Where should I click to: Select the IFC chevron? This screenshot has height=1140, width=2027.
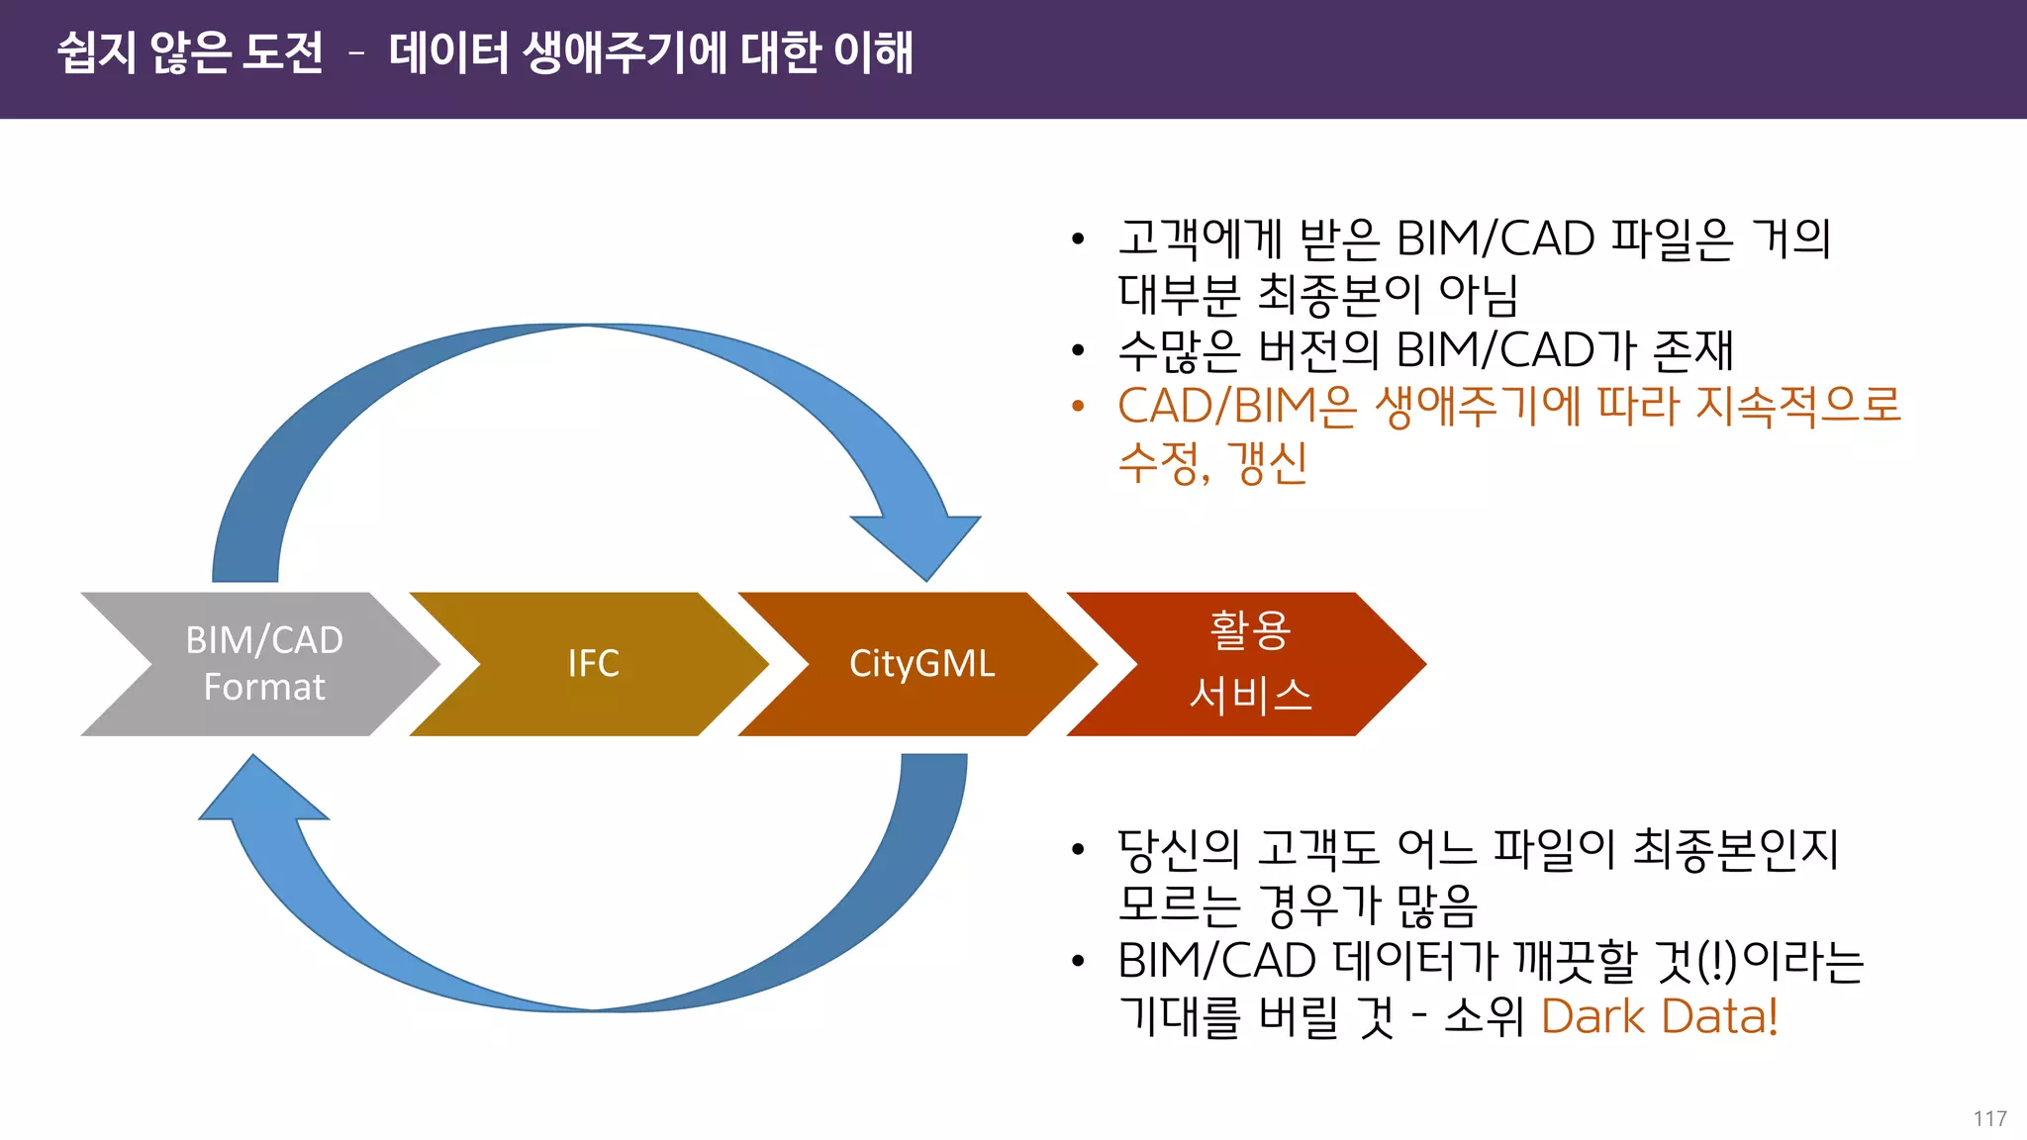tap(593, 664)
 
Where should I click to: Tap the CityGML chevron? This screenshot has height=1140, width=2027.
tap(921, 664)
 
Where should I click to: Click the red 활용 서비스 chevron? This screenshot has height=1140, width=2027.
tap(1249, 664)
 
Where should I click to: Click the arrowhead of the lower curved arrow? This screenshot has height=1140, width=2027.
tap(259, 793)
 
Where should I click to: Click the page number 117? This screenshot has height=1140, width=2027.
tap(1988, 1118)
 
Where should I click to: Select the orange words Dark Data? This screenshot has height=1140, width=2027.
tap(1659, 1016)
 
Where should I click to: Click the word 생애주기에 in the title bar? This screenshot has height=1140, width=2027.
tap(625, 52)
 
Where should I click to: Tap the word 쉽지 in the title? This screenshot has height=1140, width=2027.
tap(96, 52)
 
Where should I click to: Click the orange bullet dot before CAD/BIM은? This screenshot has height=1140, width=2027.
tap(1078, 406)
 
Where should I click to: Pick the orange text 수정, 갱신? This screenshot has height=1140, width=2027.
tap(1212, 462)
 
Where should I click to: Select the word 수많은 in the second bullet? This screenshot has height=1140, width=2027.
tap(1178, 350)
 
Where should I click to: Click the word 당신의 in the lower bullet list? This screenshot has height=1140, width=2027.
tap(1178, 849)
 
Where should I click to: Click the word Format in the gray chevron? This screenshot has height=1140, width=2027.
tap(263, 687)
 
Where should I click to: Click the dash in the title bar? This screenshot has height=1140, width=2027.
tap(356, 54)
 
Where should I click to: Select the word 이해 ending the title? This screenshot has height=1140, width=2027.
tap(873, 52)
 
